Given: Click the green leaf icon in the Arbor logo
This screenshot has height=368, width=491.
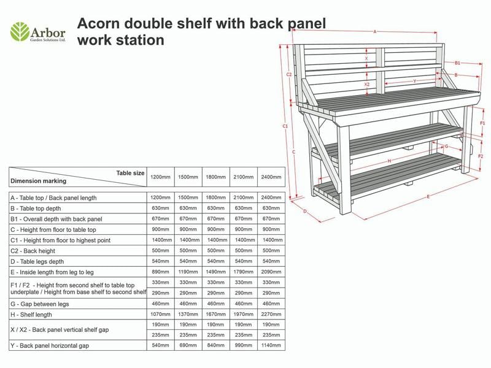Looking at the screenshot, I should (20, 31).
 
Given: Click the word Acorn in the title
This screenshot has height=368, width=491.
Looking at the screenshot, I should (98, 24).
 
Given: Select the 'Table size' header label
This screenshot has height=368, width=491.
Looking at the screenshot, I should (130, 173).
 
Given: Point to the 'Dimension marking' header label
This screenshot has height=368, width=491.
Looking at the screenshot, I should (38, 181).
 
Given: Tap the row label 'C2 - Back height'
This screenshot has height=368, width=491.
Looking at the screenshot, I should (33, 251).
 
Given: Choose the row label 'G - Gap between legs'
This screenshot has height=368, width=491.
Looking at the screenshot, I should (39, 304).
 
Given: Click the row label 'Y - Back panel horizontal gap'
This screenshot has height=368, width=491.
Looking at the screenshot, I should (49, 345).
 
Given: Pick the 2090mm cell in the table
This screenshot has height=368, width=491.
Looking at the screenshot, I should (271, 272).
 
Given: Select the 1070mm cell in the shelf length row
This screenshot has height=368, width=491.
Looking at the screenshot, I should (160, 314).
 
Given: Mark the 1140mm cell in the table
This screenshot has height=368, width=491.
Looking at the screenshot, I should (271, 345).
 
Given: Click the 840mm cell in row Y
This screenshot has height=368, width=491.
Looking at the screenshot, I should (215, 345).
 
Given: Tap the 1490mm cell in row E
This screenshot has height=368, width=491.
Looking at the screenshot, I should (215, 272).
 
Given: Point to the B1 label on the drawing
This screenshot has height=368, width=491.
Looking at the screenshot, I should (457, 63).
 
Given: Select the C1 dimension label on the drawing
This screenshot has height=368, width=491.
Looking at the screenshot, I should (285, 126).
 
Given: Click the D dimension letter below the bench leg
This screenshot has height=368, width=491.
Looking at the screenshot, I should (305, 212).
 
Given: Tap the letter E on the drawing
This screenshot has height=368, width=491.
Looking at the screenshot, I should (428, 196).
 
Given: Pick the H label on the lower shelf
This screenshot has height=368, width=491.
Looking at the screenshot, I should (389, 161).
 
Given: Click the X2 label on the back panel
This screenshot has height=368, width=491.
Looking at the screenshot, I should (367, 85).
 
